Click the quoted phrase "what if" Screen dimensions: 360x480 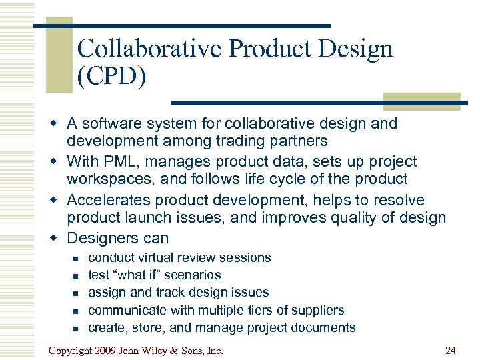(x=137, y=275)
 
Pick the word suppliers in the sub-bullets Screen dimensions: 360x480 (x=319, y=310)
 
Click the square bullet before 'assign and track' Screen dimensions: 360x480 (x=75, y=293)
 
